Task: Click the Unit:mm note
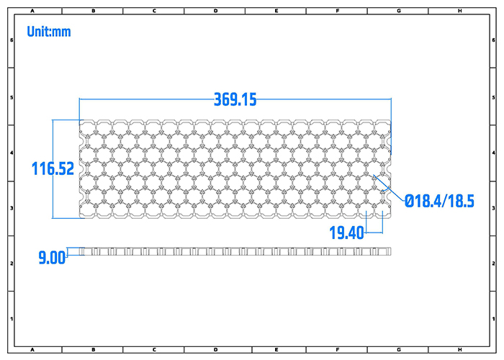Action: click(49, 32)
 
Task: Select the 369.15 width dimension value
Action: click(235, 100)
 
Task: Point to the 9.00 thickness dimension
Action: click(52, 257)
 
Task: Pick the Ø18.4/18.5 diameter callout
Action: click(439, 201)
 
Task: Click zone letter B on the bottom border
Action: click(94, 350)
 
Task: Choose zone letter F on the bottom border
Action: click(338, 350)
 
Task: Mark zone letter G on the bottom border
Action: click(398, 350)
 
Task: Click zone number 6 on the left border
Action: click(10, 40)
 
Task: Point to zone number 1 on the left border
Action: click(10, 318)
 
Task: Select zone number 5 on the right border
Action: click(494, 96)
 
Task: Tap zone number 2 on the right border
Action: click(494, 263)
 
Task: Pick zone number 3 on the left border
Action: click(10, 207)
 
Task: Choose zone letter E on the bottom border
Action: click(276, 350)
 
